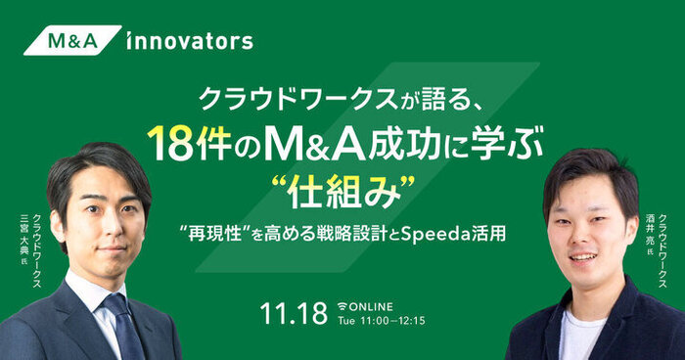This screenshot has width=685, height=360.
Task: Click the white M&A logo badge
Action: pos(72,40)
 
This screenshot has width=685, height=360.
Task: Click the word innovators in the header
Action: pos(190,41)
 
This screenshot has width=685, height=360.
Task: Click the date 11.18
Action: pos(294,312)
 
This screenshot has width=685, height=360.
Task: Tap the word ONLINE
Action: pos(371,307)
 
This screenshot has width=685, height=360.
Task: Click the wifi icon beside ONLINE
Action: pos(342,307)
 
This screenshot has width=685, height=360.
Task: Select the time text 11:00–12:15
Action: pos(392,321)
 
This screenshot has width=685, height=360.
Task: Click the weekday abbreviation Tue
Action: pos(346,321)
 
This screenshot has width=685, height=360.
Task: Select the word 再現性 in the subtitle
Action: pos(214,235)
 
